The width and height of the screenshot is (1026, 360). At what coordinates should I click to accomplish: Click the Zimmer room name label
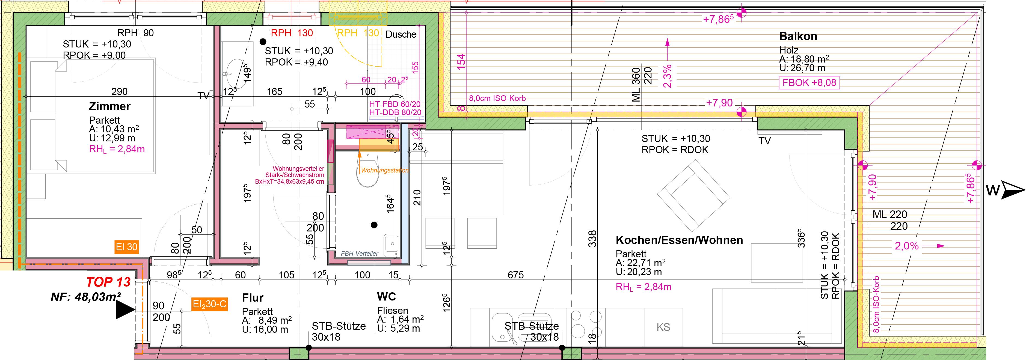(x=109, y=107)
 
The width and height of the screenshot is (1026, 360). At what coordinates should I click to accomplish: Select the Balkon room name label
(x=798, y=36)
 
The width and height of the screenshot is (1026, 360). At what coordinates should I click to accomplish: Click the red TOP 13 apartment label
(x=108, y=282)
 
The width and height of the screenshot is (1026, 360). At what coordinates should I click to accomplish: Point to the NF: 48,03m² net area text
(x=86, y=297)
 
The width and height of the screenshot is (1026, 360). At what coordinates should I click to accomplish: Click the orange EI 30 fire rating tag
(x=127, y=247)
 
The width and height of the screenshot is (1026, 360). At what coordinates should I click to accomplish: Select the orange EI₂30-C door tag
(x=209, y=305)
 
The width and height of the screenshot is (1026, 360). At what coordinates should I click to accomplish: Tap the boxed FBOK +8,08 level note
(x=809, y=83)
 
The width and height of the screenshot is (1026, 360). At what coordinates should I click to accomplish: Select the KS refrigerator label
(x=663, y=327)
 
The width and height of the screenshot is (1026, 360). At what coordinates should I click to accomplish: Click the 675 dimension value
(x=515, y=275)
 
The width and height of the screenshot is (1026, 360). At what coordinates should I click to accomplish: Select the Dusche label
(x=401, y=34)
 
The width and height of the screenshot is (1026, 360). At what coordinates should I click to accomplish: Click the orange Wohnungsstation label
(x=385, y=170)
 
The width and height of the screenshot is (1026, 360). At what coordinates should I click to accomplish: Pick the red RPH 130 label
(x=292, y=33)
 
